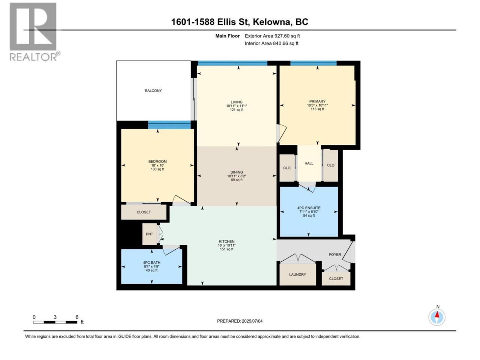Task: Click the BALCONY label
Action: click(x=153, y=90)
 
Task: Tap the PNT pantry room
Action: click(x=150, y=234)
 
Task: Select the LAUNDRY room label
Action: click(x=297, y=274)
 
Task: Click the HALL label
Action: click(x=309, y=163)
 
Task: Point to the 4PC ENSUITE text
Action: click(x=309, y=208)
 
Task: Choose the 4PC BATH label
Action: click(x=151, y=262)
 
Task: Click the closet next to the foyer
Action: click(x=336, y=279)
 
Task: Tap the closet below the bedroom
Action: click(x=144, y=212)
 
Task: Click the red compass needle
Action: click(x=437, y=315)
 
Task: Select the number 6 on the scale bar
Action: click(x=77, y=317)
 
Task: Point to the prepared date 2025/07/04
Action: click(x=252, y=321)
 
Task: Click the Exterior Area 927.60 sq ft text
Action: click(x=272, y=36)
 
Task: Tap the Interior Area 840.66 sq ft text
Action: click(x=271, y=43)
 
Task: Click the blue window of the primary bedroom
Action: click(x=313, y=63)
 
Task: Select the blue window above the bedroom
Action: click(x=169, y=125)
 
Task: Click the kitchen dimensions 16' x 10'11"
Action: click(x=226, y=245)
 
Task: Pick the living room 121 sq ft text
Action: click(x=236, y=110)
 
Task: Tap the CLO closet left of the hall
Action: click(x=287, y=168)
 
